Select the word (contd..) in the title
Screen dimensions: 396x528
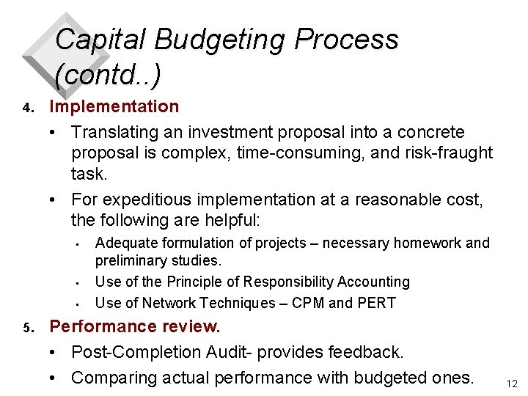pos(108,73)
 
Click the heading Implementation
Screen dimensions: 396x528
pos(114,106)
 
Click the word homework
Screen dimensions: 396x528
pos(428,243)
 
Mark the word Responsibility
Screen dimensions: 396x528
pos(280,282)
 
